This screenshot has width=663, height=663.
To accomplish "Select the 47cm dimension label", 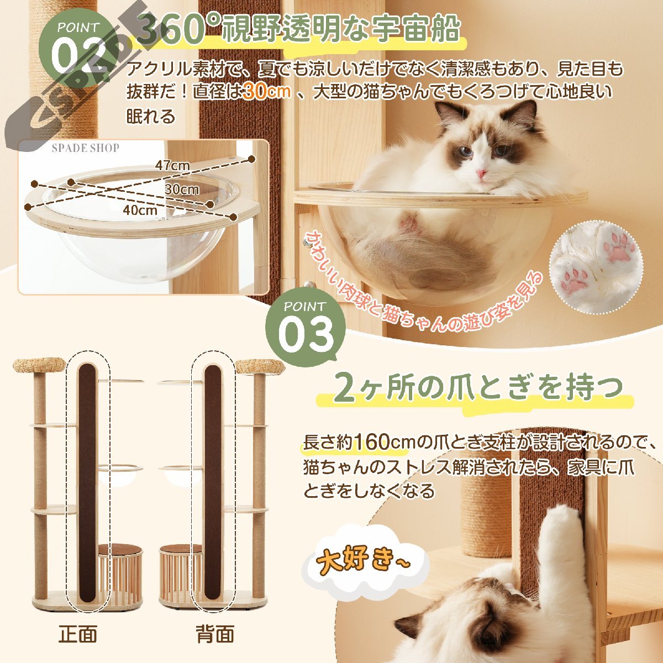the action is click(x=172, y=166).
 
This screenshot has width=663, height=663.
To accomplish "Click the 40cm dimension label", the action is click(x=140, y=210).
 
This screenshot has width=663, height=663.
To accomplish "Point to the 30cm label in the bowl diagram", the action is click(x=182, y=190).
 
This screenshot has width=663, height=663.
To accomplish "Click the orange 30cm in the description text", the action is click(x=267, y=92).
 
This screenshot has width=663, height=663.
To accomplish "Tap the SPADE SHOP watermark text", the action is click(x=86, y=148).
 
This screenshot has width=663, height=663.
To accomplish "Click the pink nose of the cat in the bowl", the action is click(x=481, y=172).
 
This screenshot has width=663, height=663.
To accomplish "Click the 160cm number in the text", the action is click(x=381, y=442).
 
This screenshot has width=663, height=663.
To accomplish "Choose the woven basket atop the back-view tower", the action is click(x=260, y=367).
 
